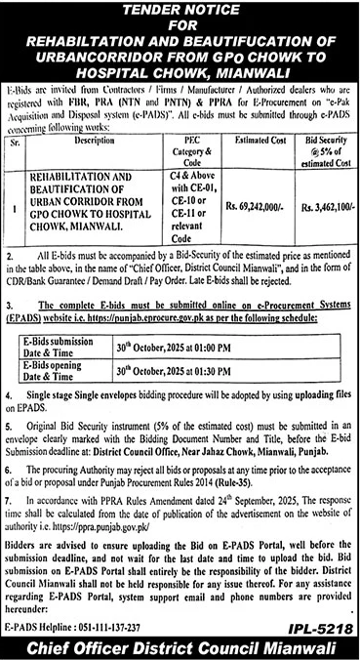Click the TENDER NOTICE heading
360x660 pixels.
[180, 10]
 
